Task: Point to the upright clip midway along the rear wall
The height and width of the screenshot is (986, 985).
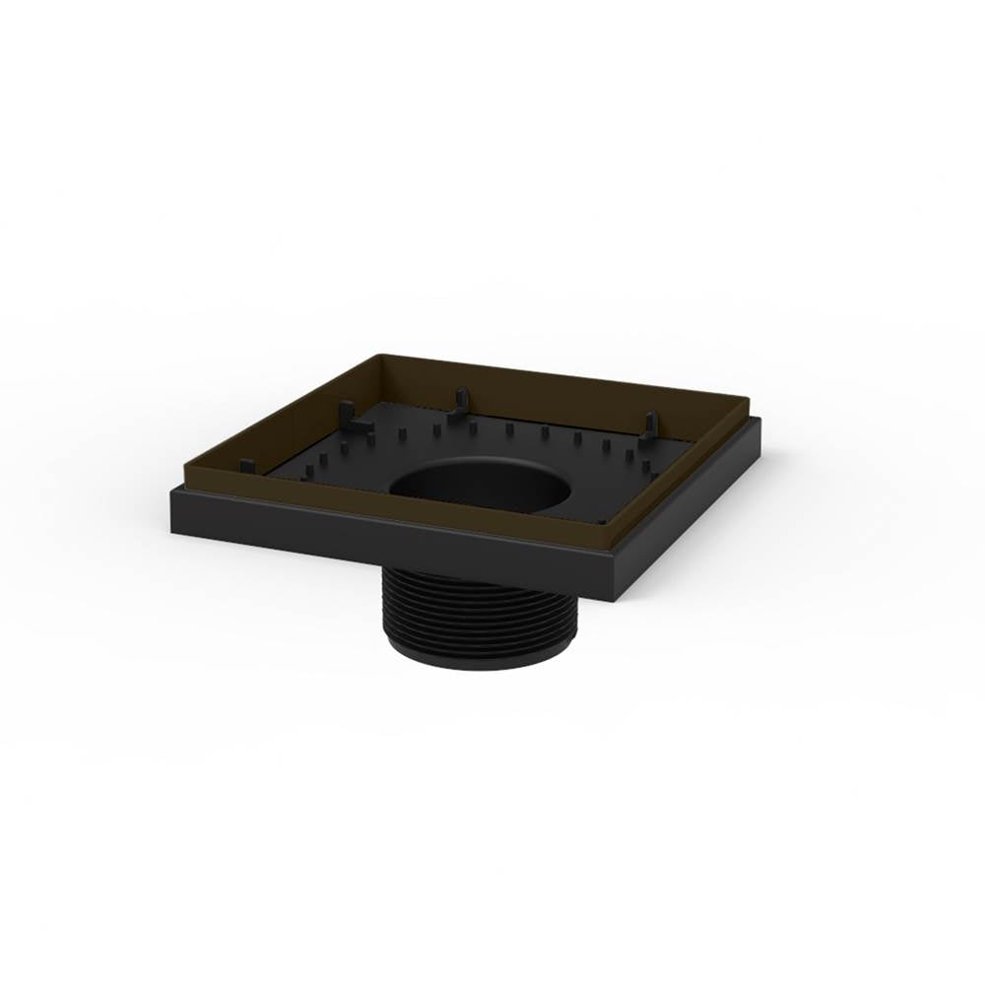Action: (459, 405)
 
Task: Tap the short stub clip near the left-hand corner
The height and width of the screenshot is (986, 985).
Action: (247, 466)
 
